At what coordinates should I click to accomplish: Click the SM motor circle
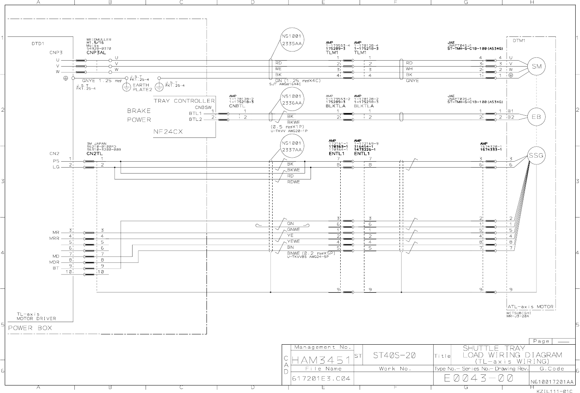(x=536, y=67)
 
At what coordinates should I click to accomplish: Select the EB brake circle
(x=536, y=117)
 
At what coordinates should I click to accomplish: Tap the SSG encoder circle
(x=536, y=156)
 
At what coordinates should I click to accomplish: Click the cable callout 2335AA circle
(x=292, y=40)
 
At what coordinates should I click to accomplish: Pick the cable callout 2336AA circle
(x=292, y=100)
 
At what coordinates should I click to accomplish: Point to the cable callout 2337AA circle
(x=292, y=147)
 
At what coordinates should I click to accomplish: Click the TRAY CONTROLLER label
(x=184, y=101)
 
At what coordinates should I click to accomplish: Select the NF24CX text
(x=168, y=132)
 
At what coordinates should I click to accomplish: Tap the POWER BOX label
(x=30, y=328)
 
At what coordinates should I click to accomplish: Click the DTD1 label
(x=38, y=44)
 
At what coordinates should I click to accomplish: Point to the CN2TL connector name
(x=95, y=153)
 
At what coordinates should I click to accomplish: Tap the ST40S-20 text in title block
(x=394, y=355)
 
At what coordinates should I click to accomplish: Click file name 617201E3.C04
(x=321, y=378)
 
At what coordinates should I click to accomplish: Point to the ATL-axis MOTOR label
(x=531, y=307)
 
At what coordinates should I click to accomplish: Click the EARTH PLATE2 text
(x=141, y=87)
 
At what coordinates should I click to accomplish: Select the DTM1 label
(x=519, y=40)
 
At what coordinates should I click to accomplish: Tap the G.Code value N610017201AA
(x=552, y=382)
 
